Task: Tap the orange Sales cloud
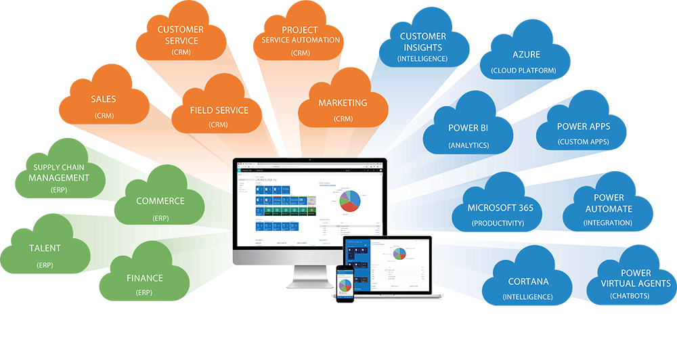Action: [104, 104]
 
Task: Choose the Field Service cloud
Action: [210, 113]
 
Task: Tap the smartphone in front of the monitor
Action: [345, 284]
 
